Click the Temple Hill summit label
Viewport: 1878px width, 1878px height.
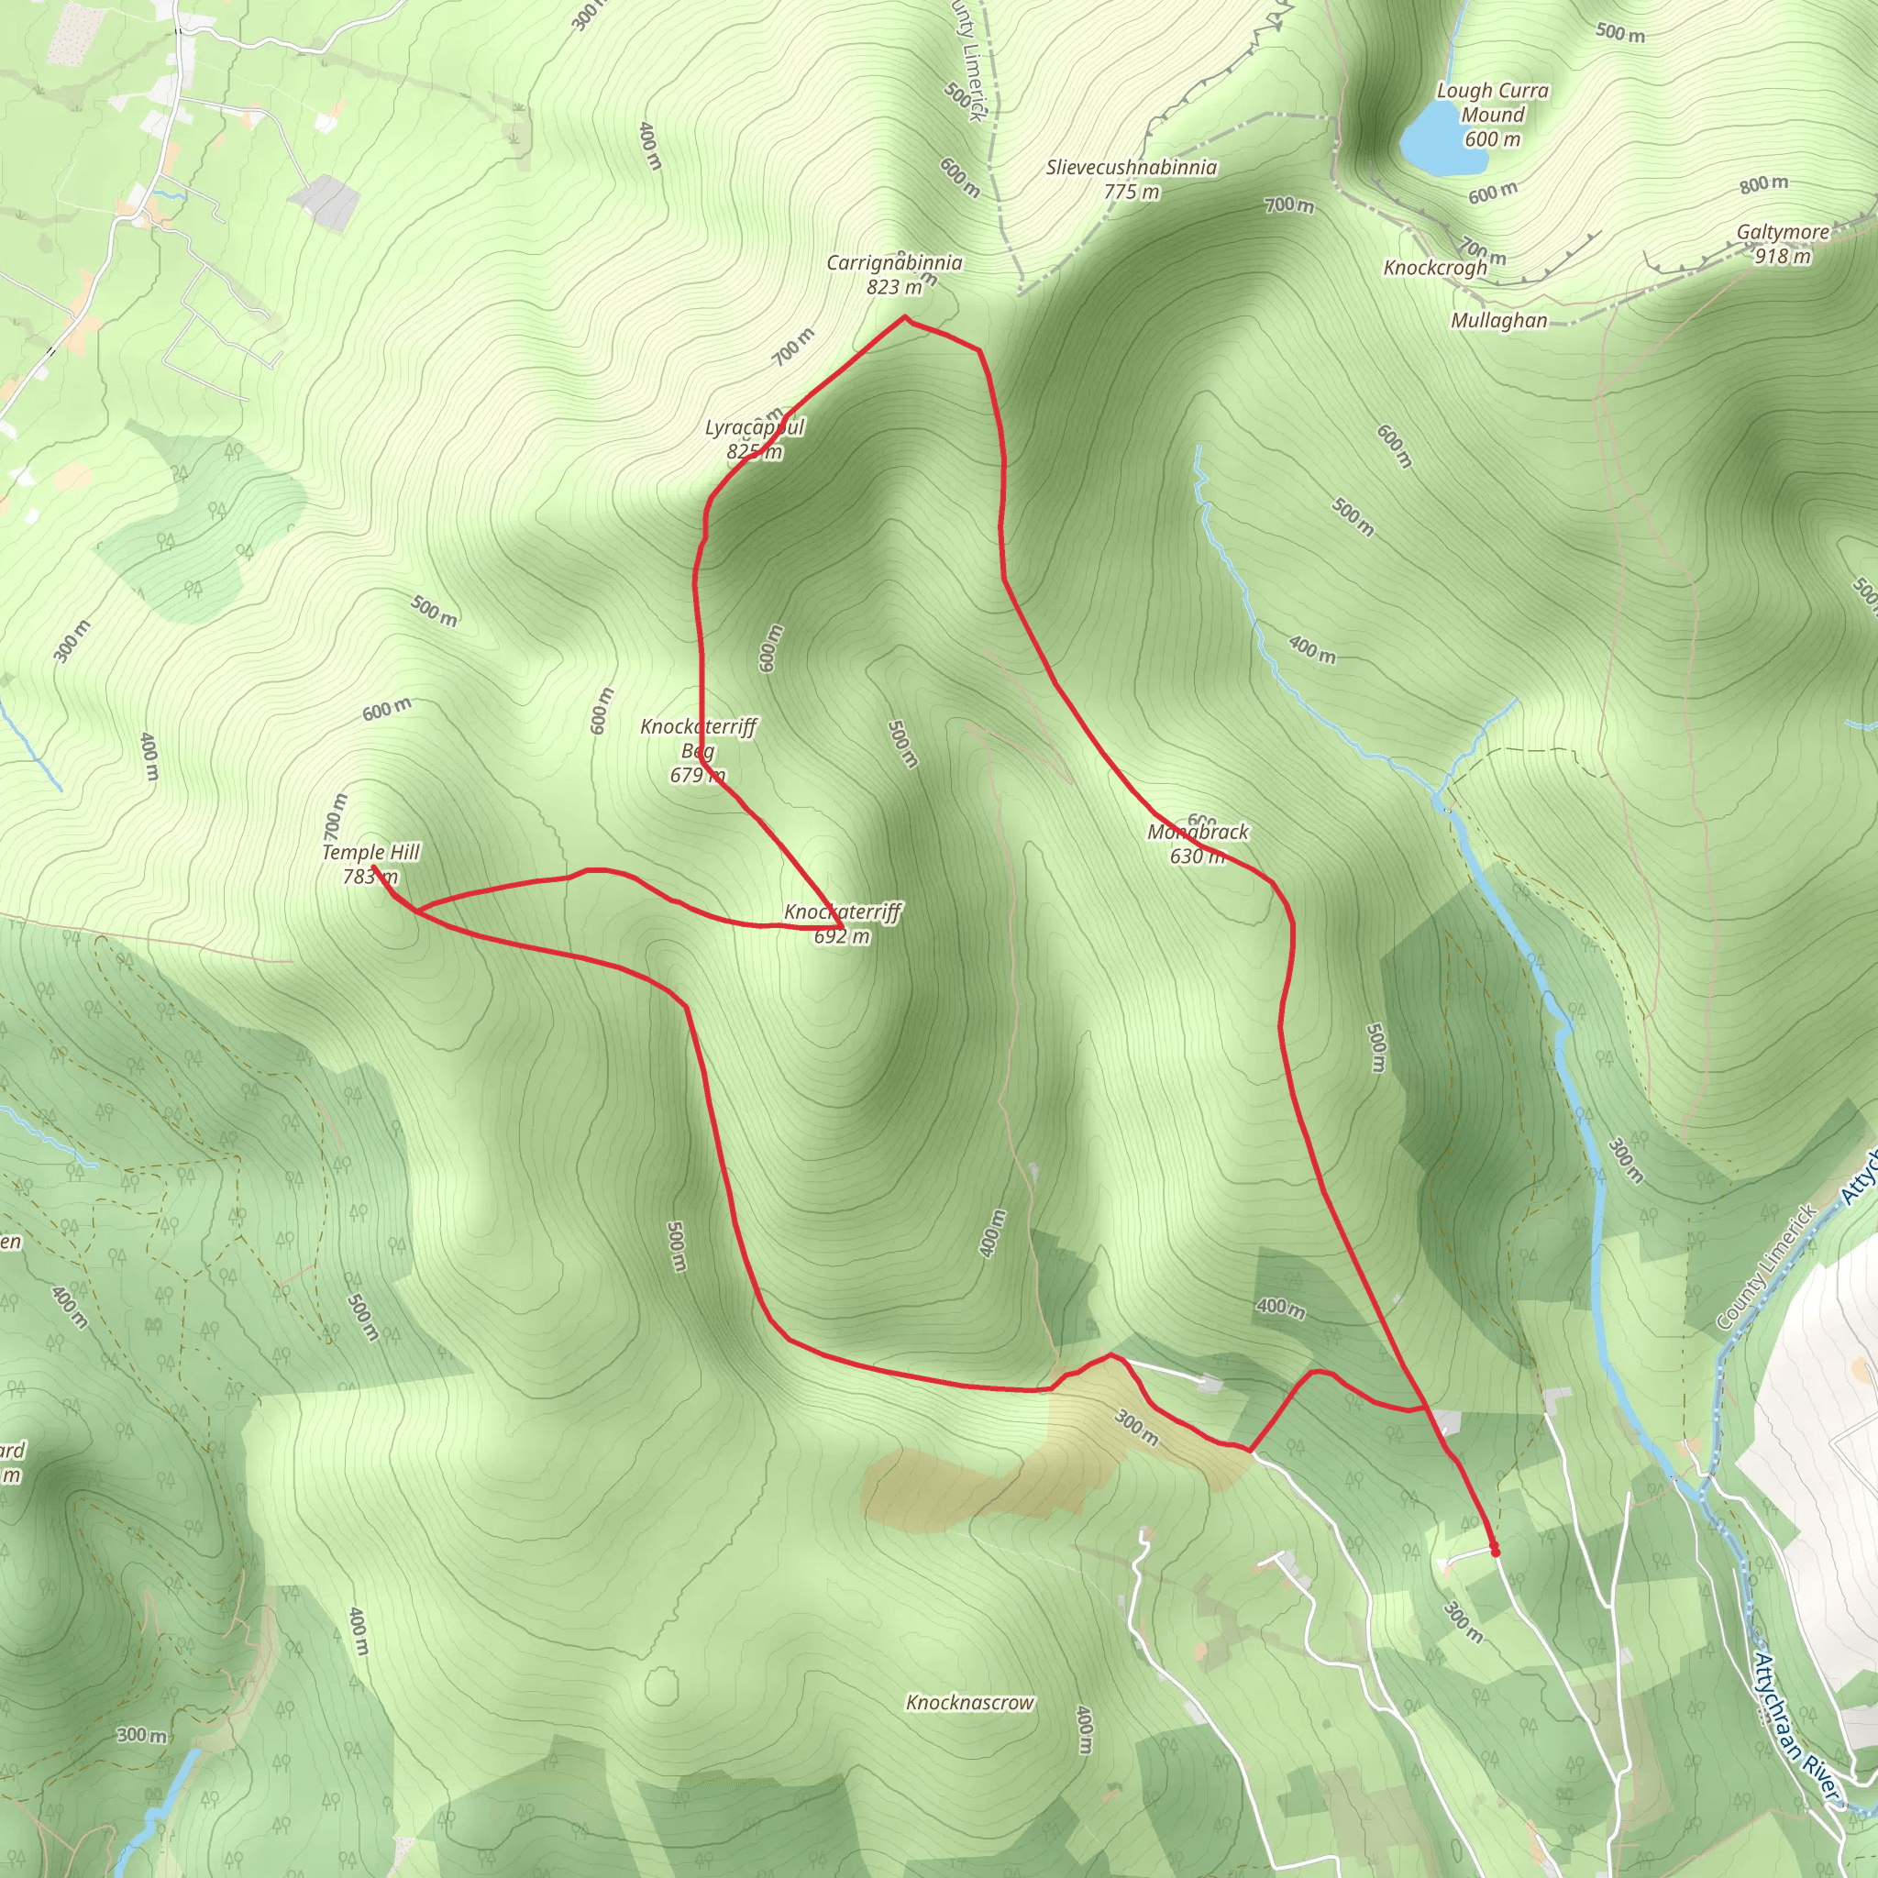(x=370, y=853)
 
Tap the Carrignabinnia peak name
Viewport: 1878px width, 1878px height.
(x=894, y=262)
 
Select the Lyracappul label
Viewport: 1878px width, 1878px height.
(x=755, y=427)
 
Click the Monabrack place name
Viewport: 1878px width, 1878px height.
(x=1198, y=832)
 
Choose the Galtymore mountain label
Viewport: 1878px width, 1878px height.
(x=1783, y=232)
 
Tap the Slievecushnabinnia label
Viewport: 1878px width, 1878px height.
(x=1132, y=167)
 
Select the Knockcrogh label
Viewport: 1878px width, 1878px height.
(x=1435, y=268)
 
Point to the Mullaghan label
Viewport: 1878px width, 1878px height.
(x=1499, y=320)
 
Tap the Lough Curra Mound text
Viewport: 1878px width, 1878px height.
(x=1493, y=103)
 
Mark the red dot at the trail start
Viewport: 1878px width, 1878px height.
(x=1495, y=1552)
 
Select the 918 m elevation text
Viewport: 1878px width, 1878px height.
(x=1783, y=257)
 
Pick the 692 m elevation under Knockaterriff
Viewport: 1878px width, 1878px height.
(x=842, y=936)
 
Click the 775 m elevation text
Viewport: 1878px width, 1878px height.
(x=1132, y=192)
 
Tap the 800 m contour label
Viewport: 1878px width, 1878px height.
(x=1763, y=183)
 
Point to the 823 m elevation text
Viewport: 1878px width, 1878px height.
(x=894, y=287)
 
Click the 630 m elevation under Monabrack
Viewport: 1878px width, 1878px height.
(x=1197, y=856)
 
